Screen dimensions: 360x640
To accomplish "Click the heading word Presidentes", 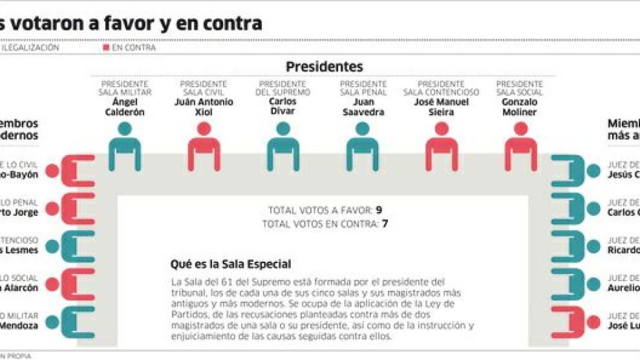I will [x=325, y=67].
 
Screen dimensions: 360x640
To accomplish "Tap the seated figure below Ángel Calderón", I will [x=125, y=147].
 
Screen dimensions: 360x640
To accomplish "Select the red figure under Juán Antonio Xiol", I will [x=204, y=147].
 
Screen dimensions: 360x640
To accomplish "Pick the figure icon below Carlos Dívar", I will [x=283, y=147].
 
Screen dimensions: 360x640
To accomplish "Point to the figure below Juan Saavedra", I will [x=362, y=147].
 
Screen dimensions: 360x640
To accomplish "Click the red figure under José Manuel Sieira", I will [x=442, y=147].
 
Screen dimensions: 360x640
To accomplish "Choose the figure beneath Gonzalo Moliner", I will [x=520, y=147].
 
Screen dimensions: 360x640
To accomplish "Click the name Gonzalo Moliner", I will [x=520, y=107].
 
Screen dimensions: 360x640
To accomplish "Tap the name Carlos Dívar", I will [x=283, y=107].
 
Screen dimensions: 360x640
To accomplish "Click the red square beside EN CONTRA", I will [x=106, y=47].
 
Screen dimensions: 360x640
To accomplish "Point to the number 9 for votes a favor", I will [x=379, y=210].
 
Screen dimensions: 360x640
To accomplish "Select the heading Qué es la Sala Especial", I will [x=230, y=264].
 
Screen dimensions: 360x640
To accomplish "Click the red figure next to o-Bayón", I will [x=71, y=171].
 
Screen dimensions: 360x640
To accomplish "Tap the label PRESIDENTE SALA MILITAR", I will [x=125, y=88].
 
